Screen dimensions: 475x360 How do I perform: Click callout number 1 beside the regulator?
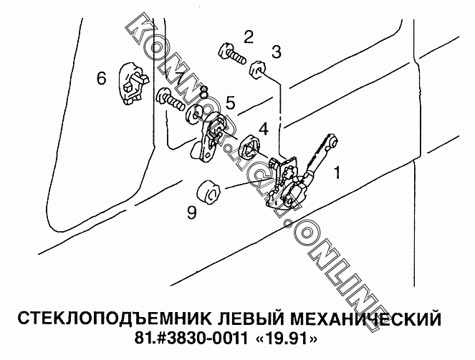337,172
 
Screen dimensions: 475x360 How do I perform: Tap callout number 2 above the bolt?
249,37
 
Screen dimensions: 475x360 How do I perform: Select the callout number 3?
277,52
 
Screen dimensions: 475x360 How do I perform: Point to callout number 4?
264,129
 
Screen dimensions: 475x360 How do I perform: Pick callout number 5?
231,102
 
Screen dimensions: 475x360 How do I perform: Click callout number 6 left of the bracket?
102,78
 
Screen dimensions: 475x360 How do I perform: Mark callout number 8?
204,92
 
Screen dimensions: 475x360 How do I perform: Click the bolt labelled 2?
231,54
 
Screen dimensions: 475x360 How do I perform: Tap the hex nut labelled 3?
257,70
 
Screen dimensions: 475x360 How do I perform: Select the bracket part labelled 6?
133,83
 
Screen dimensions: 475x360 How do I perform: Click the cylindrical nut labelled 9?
208,192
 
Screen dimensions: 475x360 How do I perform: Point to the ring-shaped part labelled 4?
250,147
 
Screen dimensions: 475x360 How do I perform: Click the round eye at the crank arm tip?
334,140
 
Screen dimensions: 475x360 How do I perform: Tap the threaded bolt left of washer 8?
171,99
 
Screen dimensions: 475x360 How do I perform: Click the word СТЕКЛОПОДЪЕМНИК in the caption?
115,318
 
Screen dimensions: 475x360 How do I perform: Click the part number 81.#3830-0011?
191,339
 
